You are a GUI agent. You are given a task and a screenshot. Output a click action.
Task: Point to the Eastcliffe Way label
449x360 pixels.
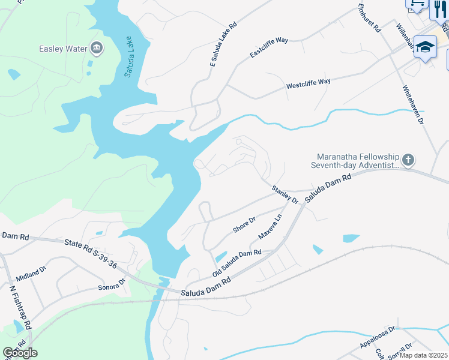[269, 48]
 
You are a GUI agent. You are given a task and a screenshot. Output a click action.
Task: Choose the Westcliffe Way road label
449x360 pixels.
[309, 82]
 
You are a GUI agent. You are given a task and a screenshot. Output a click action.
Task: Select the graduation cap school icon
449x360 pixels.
[425, 47]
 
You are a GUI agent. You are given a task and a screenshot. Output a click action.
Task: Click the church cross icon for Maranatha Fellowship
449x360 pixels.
[408, 160]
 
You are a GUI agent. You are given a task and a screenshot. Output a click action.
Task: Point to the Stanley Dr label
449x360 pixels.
[285, 195]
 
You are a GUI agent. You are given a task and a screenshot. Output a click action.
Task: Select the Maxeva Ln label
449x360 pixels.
[270, 225]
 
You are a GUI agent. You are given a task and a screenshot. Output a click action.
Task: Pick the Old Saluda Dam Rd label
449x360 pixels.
[237, 263]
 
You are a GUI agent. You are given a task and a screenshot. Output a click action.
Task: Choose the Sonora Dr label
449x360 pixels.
[111, 284]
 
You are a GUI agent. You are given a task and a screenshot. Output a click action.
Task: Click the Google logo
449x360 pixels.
[20, 353]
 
